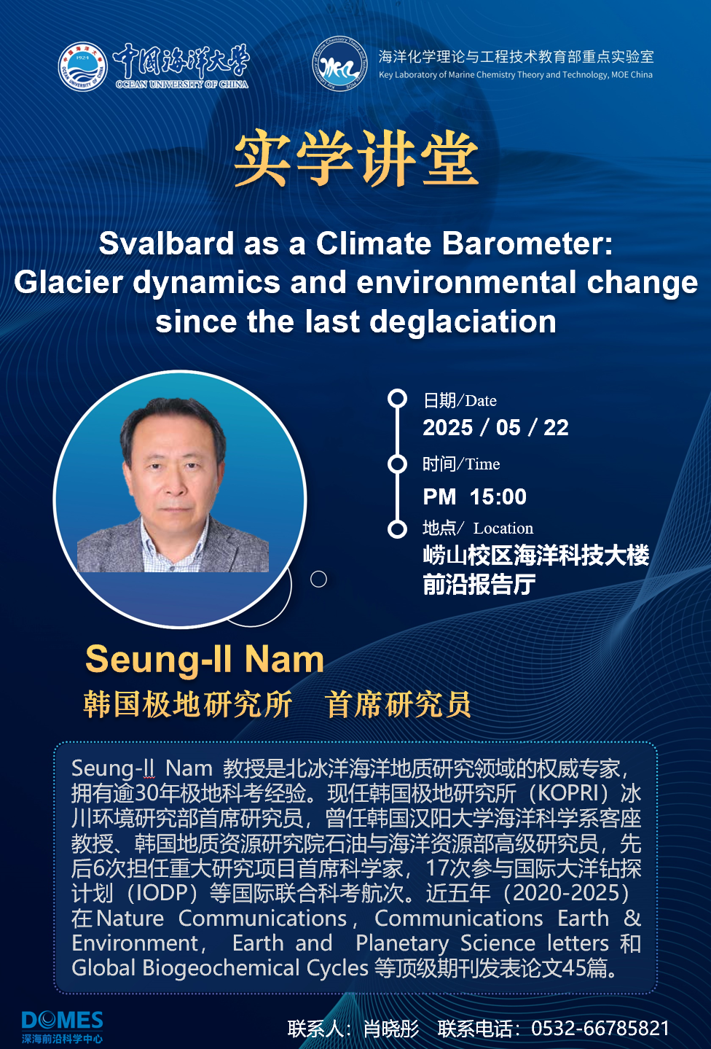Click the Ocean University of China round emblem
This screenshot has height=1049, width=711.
coord(83,66)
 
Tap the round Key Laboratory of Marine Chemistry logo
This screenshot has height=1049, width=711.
coord(339,63)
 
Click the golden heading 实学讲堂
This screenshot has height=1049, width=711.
coord(356,157)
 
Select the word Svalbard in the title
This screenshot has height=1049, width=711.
coord(166,243)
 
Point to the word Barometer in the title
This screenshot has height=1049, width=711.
coord(527,243)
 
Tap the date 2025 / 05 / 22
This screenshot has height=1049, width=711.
coord(495,428)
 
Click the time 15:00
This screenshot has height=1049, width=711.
coord(498,497)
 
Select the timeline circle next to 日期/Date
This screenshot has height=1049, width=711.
coord(398,398)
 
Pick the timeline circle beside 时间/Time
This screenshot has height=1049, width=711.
coord(398,464)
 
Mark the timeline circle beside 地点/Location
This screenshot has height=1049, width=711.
coord(398,529)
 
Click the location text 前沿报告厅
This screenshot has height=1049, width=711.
coord(479,585)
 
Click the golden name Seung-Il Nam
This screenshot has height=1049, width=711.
coord(205,660)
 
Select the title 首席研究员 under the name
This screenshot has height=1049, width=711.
coord(398,704)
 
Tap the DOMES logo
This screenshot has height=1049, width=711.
coord(62,1026)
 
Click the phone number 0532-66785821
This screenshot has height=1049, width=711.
coord(600,1029)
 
